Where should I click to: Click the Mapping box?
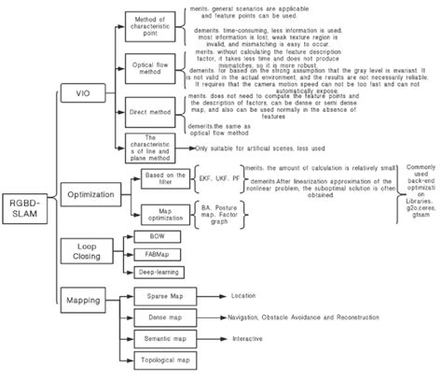tap(82, 302)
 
